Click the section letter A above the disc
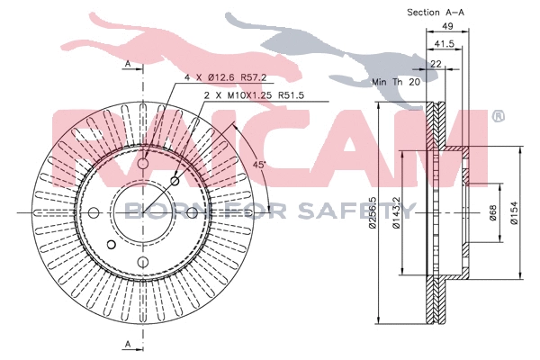pos(128,64)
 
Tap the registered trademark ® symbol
pos(498,116)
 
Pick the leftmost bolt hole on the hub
pos(94,212)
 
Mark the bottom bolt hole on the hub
pos(144,263)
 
